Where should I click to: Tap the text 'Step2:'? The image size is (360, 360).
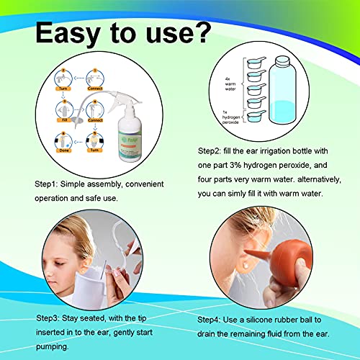pos(212,152)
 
